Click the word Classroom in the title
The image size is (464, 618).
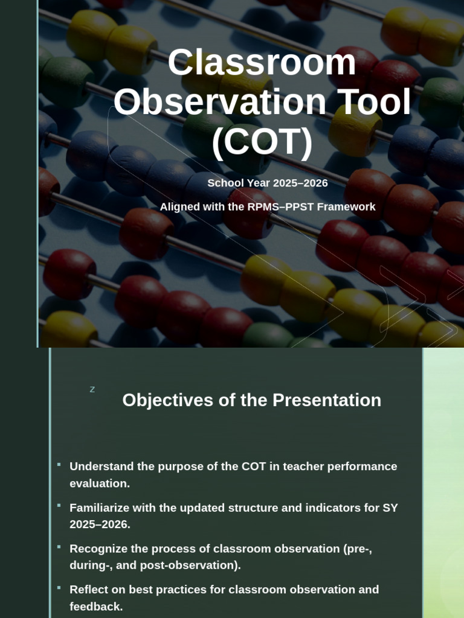point(262,62)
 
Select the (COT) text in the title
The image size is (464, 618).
point(262,142)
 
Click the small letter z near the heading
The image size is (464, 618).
point(92,390)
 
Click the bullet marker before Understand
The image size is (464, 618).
point(59,465)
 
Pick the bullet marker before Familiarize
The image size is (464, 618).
point(59,506)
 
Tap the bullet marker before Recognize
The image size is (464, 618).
point(59,547)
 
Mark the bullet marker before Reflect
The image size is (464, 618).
point(59,588)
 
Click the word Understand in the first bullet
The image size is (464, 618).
point(101,467)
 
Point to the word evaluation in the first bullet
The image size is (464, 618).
point(100,483)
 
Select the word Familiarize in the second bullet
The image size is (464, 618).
point(100,508)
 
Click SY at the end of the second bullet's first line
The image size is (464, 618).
point(390,508)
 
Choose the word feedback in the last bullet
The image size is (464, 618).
point(96,607)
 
